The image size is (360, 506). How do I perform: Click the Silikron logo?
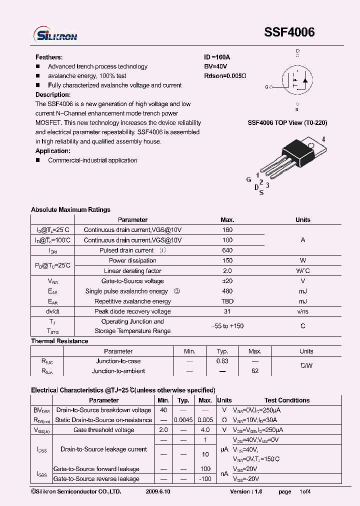click(x=55, y=34)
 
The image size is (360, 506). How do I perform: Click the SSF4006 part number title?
click(x=289, y=32)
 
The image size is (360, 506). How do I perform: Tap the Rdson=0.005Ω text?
click(x=225, y=76)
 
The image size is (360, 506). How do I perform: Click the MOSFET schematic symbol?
click(x=297, y=80)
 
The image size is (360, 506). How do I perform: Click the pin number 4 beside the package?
click(x=323, y=139)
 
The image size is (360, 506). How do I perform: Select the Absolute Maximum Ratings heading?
click(x=70, y=209)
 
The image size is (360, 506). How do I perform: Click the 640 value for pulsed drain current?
click(x=227, y=250)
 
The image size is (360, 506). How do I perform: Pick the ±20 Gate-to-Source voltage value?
click(x=227, y=281)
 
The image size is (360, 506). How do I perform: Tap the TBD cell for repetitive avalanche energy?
click(x=227, y=301)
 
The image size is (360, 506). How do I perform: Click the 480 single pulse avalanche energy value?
click(x=227, y=291)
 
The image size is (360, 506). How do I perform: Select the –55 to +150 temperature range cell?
click(x=227, y=326)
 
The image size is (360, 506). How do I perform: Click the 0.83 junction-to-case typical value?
click(x=222, y=361)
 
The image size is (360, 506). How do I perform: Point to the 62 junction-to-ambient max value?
click(x=254, y=371)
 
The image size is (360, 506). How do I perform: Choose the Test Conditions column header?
click(x=287, y=400)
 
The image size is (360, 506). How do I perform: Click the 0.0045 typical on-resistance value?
click(x=183, y=420)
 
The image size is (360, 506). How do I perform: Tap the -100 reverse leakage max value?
click(x=205, y=479)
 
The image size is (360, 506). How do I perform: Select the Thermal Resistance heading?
click(x=59, y=341)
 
